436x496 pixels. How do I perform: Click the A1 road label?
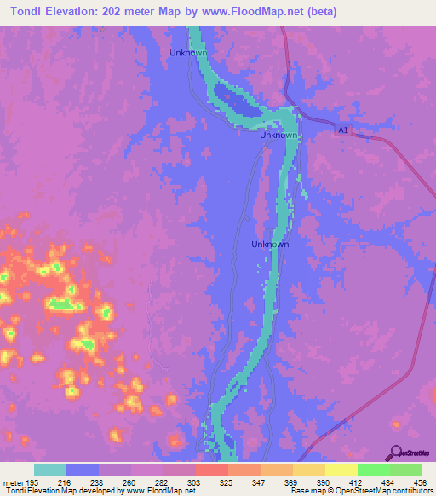click(x=342, y=130)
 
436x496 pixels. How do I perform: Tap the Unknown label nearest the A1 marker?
click(x=278, y=136)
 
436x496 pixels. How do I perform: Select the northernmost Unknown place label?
click(x=188, y=52)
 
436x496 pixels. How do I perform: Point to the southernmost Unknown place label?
click(x=271, y=245)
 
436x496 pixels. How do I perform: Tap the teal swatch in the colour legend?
click(x=50, y=470)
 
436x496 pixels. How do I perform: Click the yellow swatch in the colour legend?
click(x=341, y=470)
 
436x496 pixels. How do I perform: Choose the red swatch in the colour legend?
click(x=212, y=470)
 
